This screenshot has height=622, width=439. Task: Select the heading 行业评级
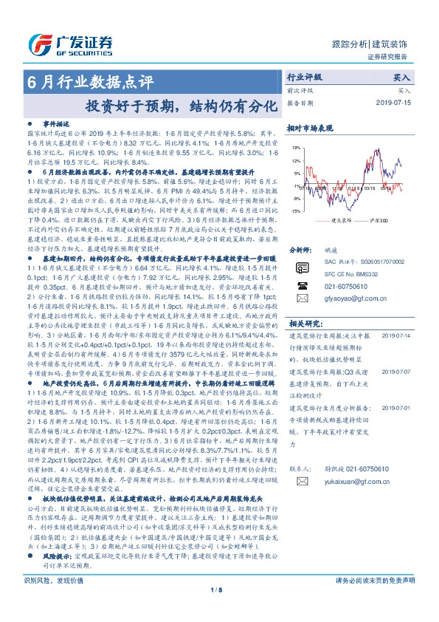304,77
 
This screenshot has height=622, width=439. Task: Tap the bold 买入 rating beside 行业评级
401,77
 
